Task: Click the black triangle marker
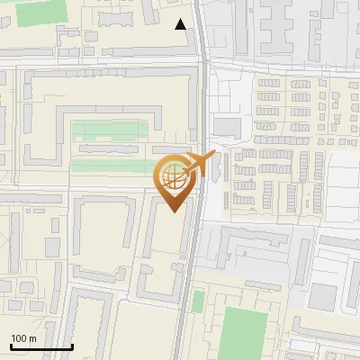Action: (x=181, y=24)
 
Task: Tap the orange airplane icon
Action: (x=199, y=165)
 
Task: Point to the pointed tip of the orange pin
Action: (x=173, y=211)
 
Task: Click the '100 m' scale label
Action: (x=23, y=338)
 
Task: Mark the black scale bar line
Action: (x=41, y=347)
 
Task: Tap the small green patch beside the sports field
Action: (x=198, y=301)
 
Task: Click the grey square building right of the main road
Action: (x=227, y=127)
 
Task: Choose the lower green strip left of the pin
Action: (x=112, y=166)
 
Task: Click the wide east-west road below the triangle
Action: (x=99, y=63)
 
